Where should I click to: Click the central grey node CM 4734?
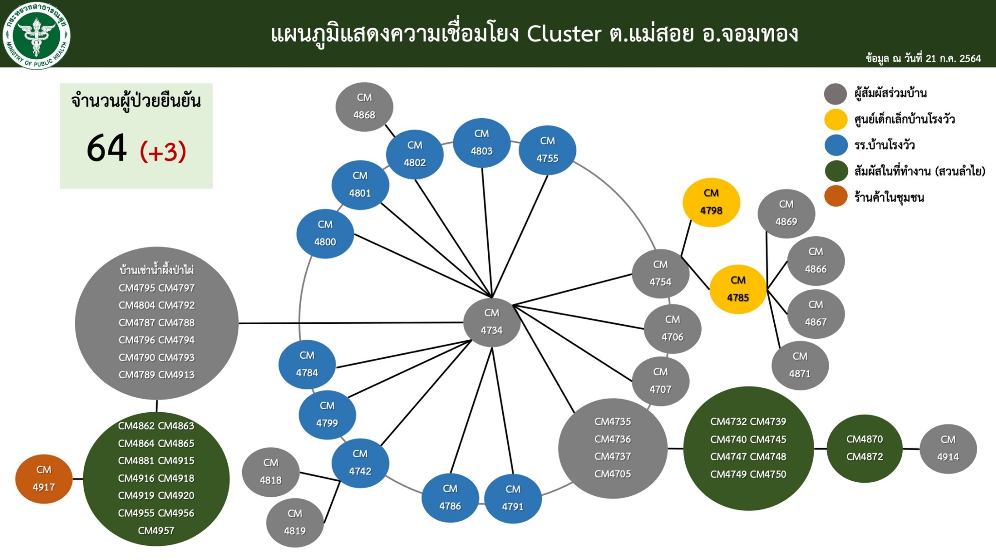pos(492,322)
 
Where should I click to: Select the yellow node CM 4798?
pos(711,202)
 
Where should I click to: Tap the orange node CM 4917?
pos(44,479)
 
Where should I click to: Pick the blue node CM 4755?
pos(547,150)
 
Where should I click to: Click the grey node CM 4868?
pos(364,106)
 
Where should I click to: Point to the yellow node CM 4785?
pos(738,289)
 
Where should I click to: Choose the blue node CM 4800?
pos(325,233)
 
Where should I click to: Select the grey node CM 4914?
pos(948,449)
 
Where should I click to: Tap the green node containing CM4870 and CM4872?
pos(865,448)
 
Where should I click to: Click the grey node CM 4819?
pos(295,523)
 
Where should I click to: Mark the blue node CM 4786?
pos(450,498)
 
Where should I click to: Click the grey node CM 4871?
pos(800,365)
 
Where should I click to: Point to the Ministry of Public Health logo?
pos(36,35)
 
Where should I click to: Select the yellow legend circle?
pos(836,120)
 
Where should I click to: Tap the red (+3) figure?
pos(163,152)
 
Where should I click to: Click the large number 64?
pos(107,148)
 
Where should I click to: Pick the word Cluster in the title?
pos(564,34)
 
